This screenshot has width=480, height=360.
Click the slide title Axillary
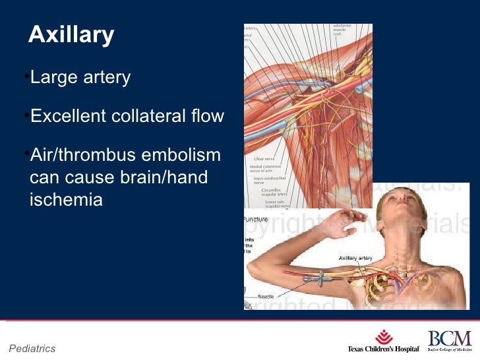(71, 36)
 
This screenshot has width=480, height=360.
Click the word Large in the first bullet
(54, 78)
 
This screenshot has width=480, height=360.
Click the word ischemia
(66, 199)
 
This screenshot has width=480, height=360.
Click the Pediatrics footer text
(32, 348)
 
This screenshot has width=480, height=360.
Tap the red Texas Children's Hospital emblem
(384, 338)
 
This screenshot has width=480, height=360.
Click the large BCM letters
(450, 338)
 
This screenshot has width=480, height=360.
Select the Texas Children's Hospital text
(384, 349)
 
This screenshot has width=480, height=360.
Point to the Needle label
(265, 297)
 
